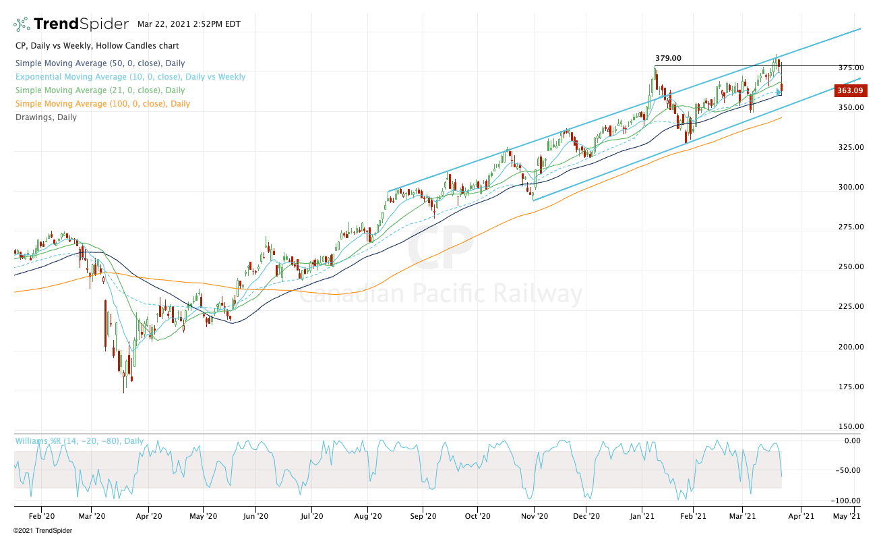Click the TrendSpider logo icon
pos(22,24)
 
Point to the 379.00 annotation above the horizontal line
pos(668,59)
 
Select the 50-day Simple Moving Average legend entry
pos(100,63)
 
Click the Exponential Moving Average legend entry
pos(130,77)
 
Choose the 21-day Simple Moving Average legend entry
pos(100,90)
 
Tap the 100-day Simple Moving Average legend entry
pos(102,104)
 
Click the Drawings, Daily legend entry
pos(46,117)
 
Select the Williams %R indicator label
pos(80,441)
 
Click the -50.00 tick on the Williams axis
pos(848,471)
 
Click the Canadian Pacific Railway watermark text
pos(441,295)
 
